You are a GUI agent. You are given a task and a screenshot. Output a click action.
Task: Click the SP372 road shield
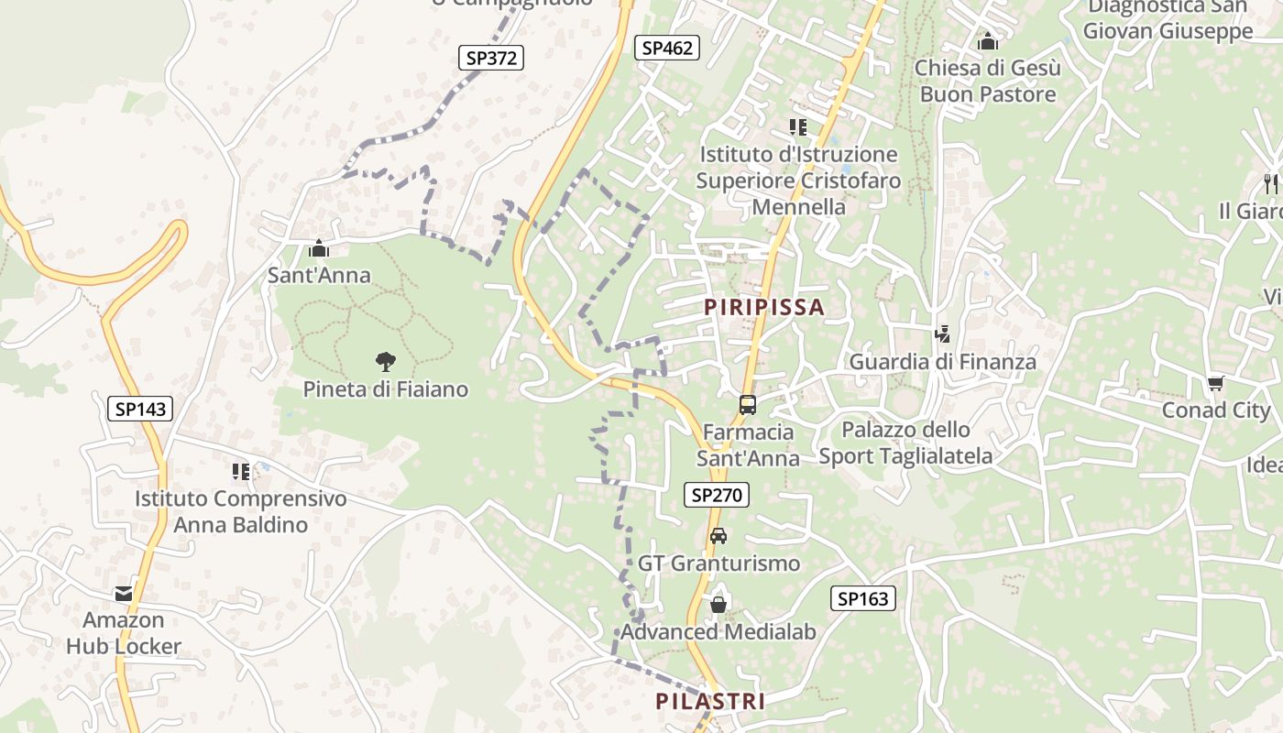[x=490, y=58]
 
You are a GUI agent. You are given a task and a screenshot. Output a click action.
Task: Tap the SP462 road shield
[x=667, y=48]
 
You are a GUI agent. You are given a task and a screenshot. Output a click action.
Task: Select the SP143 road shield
[x=140, y=409]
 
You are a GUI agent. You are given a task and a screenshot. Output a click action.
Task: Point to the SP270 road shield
[x=717, y=496]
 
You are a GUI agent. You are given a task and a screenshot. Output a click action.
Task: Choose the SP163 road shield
[x=863, y=599]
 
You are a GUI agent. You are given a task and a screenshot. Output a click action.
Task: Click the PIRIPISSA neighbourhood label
[x=764, y=307]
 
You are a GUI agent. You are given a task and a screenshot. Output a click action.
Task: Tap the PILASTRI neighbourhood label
[x=710, y=702]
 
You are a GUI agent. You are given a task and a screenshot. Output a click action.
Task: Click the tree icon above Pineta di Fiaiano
[x=386, y=362]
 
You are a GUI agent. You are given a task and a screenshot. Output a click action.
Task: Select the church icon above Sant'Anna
[x=319, y=248]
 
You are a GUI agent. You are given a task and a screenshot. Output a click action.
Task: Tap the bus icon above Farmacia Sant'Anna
[x=748, y=404]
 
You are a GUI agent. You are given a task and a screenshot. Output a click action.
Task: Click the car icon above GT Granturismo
[x=718, y=536]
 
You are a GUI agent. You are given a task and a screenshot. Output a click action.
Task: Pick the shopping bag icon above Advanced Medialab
[x=718, y=605]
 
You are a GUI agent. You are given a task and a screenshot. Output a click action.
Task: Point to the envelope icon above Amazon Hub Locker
[x=124, y=594]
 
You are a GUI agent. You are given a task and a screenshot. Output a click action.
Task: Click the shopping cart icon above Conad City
[x=1215, y=383]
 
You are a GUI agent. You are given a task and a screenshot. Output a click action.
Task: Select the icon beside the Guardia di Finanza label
[x=942, y=334]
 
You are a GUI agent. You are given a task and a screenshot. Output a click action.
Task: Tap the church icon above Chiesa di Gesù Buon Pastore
[x=987, y=41]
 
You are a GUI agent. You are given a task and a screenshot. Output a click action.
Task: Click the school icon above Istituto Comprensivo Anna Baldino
[x=241, y=472]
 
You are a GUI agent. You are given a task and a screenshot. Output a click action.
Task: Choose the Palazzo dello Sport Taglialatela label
[x=905, y=443]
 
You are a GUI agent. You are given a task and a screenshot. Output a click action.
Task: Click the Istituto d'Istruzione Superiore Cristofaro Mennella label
[x=798, y=181]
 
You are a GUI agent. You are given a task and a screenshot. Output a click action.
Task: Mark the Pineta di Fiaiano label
[x=386, y=389]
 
